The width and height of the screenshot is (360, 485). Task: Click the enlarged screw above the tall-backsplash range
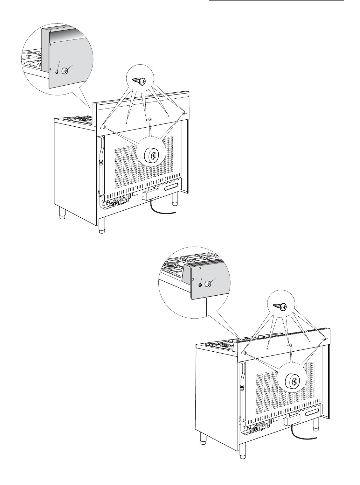tap(142, 81)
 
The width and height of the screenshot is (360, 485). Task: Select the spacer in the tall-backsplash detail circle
tap(65, 71)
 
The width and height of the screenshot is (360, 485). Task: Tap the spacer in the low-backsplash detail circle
tap(208, 284)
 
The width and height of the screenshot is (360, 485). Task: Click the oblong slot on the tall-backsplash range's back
tap(171, 187)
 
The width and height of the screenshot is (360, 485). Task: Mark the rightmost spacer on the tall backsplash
tap(183, 113)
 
